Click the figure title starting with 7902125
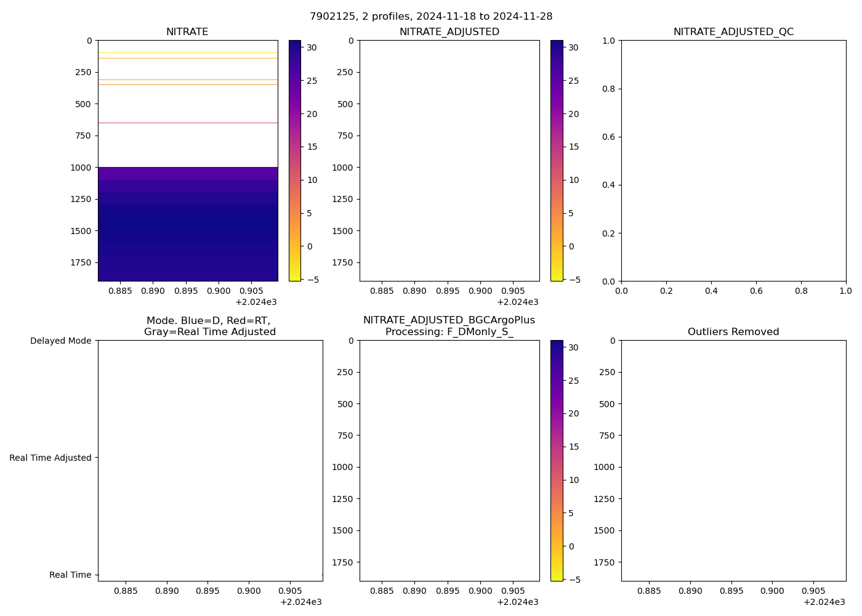point(431,17)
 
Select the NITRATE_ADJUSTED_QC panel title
point(733,32)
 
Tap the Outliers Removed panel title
point(733,332)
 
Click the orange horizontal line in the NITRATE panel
point(188,58)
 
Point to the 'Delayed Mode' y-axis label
point(61,341)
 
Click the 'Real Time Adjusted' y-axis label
point(50,458)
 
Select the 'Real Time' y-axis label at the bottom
point(70,575)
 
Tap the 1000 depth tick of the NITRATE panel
point(81,168)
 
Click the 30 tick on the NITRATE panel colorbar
point(312,47)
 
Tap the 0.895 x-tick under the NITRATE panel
point(185,291)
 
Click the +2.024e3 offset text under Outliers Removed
point(824,602)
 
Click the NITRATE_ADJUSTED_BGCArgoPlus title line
point(449,320)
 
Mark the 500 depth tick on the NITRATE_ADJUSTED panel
point(345,104)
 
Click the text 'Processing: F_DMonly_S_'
point(449,332)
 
